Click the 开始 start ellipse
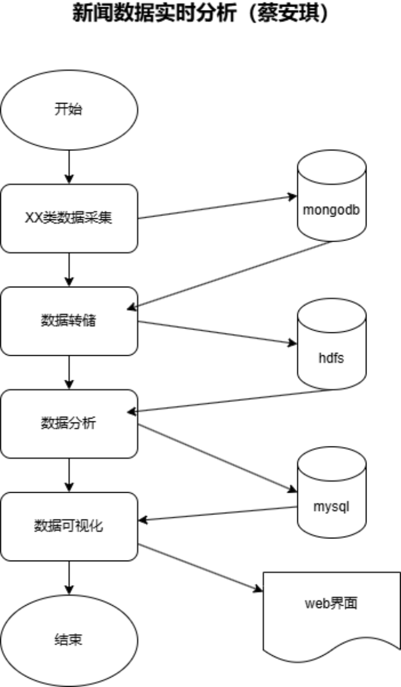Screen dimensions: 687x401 pos(69,110)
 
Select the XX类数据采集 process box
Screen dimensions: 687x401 pos(69,218)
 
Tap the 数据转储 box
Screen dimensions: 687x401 pos(69,321)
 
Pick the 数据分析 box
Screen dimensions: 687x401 pos(69,424)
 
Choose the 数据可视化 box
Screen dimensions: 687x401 pos(69,526)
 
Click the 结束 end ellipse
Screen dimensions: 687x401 pos(69,640)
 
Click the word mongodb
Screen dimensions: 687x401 pos(331,210)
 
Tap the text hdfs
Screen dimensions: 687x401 pos(331,357)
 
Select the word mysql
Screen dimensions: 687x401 pos(331,507)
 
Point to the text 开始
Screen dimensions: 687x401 pos(68,109)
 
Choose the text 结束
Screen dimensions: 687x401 pos(69,640)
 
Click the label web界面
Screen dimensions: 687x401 pos(331,603)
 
